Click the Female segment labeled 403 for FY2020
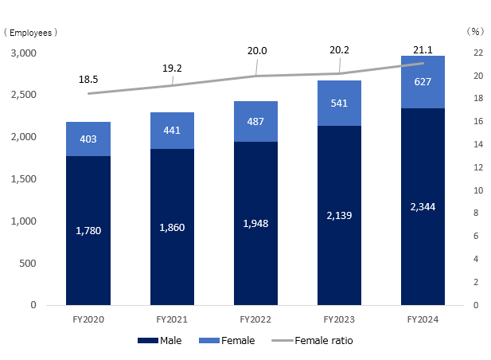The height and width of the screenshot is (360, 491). [x=88, y=139]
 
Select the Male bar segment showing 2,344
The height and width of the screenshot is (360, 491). [x=422, y=206]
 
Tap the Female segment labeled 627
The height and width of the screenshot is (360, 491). [x=422, y=81]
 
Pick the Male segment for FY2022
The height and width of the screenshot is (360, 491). [x=255, y=223]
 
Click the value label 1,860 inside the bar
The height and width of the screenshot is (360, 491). [x=171, y=227]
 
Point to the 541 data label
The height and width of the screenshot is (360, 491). [x=338, y=103]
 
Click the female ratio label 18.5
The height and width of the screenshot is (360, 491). [x=88, y=80]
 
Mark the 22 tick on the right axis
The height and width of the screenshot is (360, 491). [x=475, y=53]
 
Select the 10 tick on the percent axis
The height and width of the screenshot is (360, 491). [x=475, y=191]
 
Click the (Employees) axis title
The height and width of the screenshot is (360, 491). [x=30, y=33]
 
